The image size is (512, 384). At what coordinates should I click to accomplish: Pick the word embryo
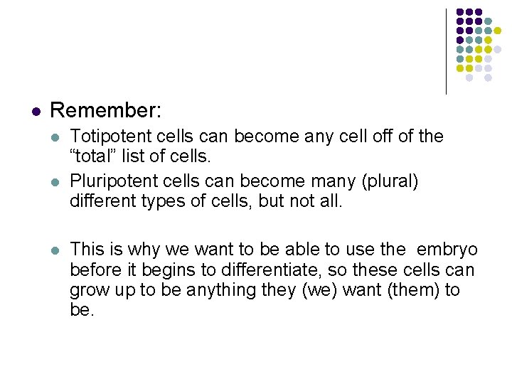(447, 250)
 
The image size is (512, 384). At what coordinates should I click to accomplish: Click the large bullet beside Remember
(36, 112)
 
